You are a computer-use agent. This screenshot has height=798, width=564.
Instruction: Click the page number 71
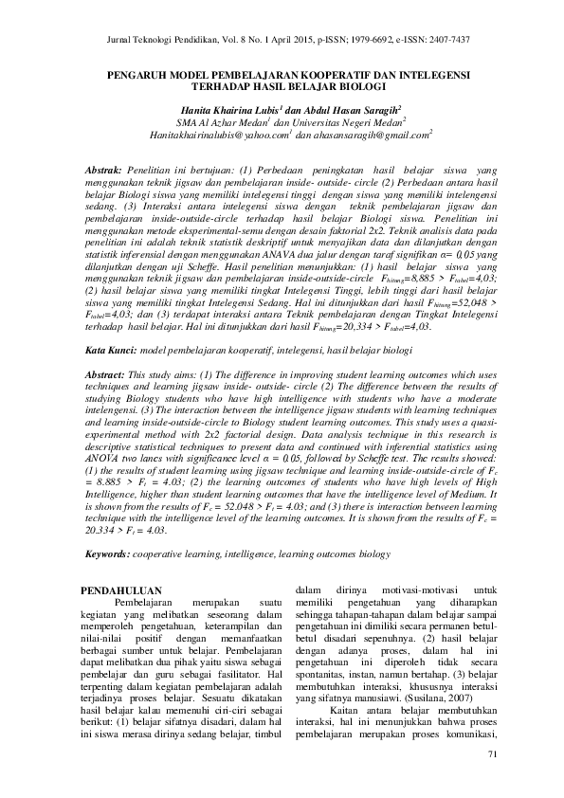coord(491,754)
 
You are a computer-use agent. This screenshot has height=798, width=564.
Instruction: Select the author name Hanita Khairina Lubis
coord(231,109)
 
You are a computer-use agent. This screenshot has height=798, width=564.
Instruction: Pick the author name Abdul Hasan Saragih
coord(340,109)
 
